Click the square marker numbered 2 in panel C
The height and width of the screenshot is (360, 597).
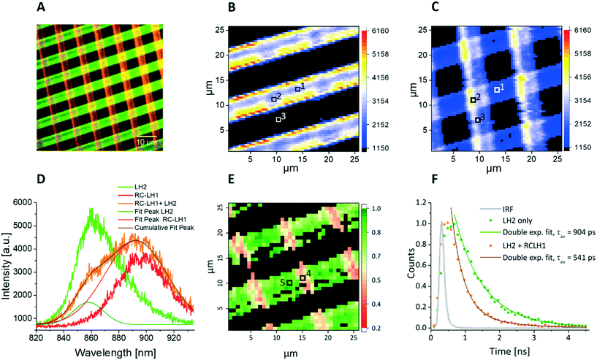click(473, 100)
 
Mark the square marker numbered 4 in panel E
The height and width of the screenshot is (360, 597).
click(303, 278)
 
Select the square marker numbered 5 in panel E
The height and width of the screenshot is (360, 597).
click(289, 282)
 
